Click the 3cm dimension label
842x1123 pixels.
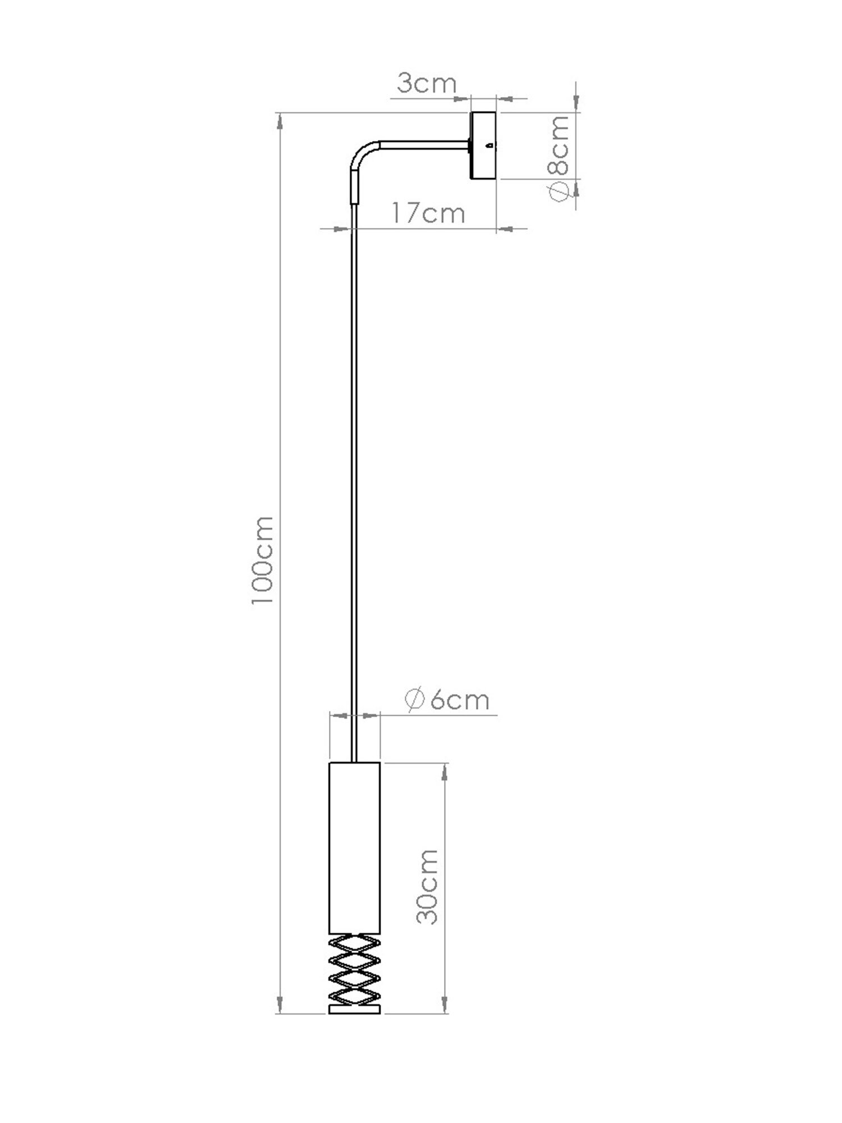click(x=427, y=84)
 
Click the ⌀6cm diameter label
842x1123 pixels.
click(x=447, y=700)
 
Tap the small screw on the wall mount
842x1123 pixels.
click(x=490, y=145)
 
